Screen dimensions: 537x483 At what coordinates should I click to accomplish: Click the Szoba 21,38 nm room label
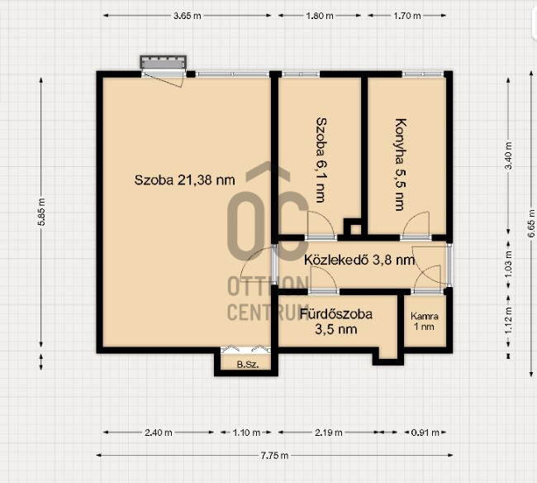pos(184,180)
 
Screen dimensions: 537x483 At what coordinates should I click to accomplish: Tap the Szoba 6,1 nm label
pos(321,160)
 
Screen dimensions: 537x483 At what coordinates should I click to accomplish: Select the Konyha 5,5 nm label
pos(401,165)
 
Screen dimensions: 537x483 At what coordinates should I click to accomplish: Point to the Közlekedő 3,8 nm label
pos(359,260)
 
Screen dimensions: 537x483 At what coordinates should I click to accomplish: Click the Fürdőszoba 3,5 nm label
pos(336,322)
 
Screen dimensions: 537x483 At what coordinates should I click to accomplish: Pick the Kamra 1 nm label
pos(425,321)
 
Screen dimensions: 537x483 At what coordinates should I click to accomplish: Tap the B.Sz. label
pos(247,365)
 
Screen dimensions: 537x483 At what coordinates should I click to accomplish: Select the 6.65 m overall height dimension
pos(531,223)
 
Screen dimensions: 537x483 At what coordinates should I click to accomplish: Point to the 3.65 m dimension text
pos(187,16)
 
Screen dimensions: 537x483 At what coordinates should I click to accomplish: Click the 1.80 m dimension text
pos(319,16)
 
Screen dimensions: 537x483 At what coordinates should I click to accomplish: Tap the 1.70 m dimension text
pos(406,16)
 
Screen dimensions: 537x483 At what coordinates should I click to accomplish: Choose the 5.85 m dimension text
pos(41,212)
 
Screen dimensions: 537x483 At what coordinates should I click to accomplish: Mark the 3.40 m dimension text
pos(509,155)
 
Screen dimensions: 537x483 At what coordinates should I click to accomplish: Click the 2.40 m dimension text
pos(159,433)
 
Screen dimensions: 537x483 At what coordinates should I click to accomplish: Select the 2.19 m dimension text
pos(329,433)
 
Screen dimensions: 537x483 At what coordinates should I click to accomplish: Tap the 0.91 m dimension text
pos(425,433)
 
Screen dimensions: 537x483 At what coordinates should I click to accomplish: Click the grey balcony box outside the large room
pos(164,62)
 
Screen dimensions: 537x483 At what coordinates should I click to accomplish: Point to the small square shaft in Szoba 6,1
pos(355,227)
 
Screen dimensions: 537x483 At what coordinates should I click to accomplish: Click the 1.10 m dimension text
pos(246,433)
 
